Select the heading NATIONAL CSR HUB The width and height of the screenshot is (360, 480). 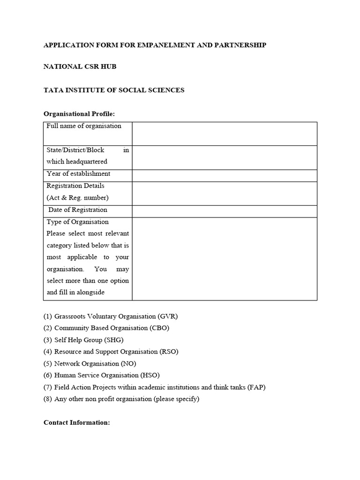click(x=80, y=67)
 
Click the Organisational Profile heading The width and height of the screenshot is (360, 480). click(x=79, y=114)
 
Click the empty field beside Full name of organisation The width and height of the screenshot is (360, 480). click(x=224, y=134)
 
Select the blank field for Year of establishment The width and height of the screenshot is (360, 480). click(x=224, y=175)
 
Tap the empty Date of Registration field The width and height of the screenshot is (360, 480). click(x=224, y=211)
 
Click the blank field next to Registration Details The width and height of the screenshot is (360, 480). click(x=224, y=193)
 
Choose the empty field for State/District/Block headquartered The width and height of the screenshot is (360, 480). click(x=224, y=157)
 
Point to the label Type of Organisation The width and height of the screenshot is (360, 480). click(x=78, y=222)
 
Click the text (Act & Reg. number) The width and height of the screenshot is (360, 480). click(x=78, y=197)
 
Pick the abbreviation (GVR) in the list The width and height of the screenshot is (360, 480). click(x=168, y=316)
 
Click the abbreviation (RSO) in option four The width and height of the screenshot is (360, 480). click(x=169, y=352)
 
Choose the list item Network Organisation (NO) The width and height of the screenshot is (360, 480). click(x=95, y=363)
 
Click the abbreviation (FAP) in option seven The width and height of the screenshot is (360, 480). click(x=255, y=387)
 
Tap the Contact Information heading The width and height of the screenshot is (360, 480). click(x=77, y=422)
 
